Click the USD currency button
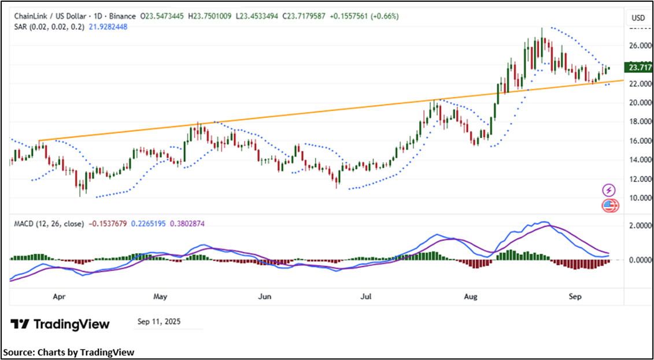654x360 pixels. coord(638,18)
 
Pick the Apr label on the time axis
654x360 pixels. coord(58,297)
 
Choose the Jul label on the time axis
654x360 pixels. coord(365,297)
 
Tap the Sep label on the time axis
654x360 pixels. coord(575,297)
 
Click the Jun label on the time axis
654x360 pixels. coord(264,297)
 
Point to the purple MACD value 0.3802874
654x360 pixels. coord(189,224)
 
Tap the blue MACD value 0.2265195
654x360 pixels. coord(147,224)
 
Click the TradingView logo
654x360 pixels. coord(60,324)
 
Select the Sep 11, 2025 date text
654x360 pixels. coord(159,322)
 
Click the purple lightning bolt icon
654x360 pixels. coord(609,190)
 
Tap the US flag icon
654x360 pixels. coord(609,205)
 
